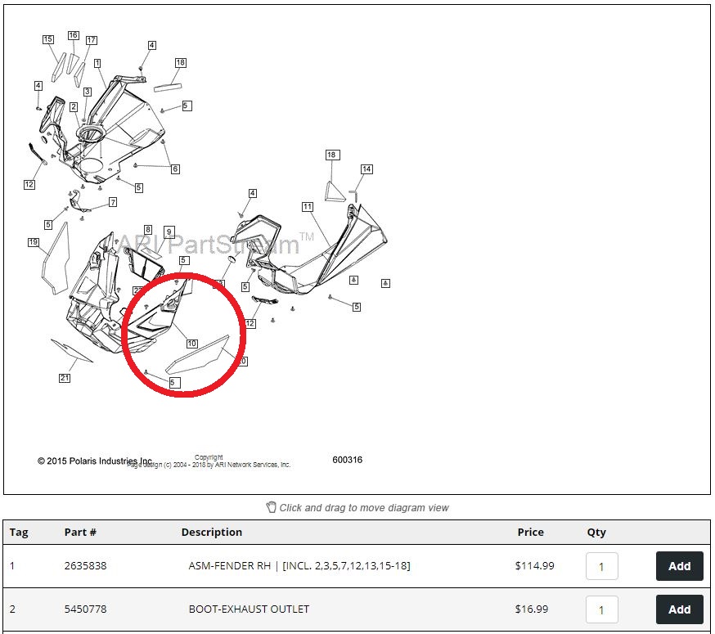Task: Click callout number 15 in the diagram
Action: click(x=48, y=39)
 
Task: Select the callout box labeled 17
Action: click(x=91, y=40)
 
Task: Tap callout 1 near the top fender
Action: click(x=97, y=63)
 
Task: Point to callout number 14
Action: click(x=366, y=169)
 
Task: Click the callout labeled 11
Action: click(x=307, y=207)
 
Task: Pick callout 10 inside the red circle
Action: click(x=191, y=344)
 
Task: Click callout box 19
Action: click(x=34, y=242)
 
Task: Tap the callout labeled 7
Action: click(x=113, y=202)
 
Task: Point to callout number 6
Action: click(x=175, y=169)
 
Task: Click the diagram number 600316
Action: click(x=347, y=460)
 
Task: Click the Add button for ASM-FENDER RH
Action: click(x=679, y=566)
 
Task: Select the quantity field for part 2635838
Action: click(x=601, y=566)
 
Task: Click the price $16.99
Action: click(x=532, y=609)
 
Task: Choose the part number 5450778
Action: click(x=85, y=609)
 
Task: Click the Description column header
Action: click(x=211, y=532)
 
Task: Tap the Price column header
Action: click(x=530, y=532)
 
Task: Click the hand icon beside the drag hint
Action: click(x=272, y=507)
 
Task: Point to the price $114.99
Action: click(x=534, y=566)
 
